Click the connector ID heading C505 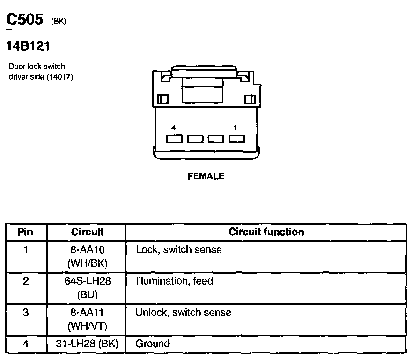[x=24, y=19]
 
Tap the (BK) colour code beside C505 [x=58, y=21]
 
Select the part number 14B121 [x=28, y=46]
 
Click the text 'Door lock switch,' [x=38, y=67]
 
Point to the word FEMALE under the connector [x=206, y=176]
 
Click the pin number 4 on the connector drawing [x=174, y=127]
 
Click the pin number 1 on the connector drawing [x=235, y=127]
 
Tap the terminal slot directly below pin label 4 [x=175, y=139]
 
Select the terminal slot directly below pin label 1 [x=236, y=139]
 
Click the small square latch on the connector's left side [x=163, y=100]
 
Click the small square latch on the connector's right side [x=250, y=99]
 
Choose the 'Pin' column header [x=26, y=232]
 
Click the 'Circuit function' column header [x=266, y=232]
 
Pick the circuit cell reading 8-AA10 [x=87, y=250]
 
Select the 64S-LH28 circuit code [x=87, y=281]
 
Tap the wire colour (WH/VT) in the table [x=87, y=325]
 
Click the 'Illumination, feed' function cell [x=174, y=281]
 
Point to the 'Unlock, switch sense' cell [x=183, y=312]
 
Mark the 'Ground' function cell [x=152, y=344]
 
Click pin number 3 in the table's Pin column [x=26, y=312]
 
